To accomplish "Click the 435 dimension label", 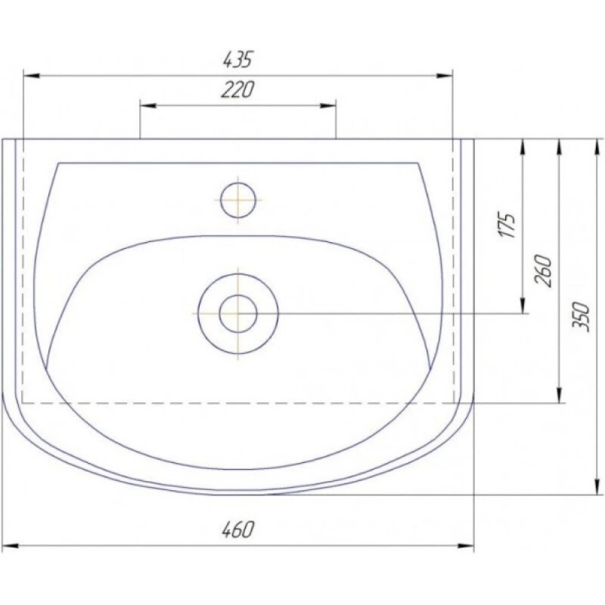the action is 238,60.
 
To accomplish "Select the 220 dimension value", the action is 238,90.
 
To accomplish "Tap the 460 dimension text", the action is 238,530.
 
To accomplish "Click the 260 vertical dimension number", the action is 543,270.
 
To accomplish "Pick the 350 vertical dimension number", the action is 581,317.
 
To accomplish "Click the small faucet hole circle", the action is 238,200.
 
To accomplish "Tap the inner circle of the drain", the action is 238,314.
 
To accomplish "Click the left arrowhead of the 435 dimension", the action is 31,76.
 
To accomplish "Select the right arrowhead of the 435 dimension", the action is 444,76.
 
